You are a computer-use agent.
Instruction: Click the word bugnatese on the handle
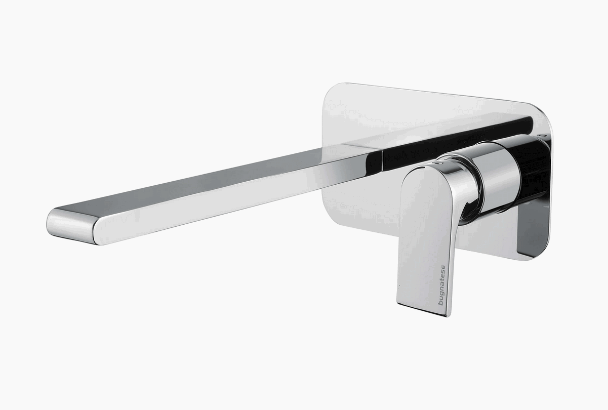442,285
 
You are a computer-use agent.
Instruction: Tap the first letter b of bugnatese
441,303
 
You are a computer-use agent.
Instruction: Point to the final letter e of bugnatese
442,267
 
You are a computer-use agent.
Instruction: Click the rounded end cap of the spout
71,226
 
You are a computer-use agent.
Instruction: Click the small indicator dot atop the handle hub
438,163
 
